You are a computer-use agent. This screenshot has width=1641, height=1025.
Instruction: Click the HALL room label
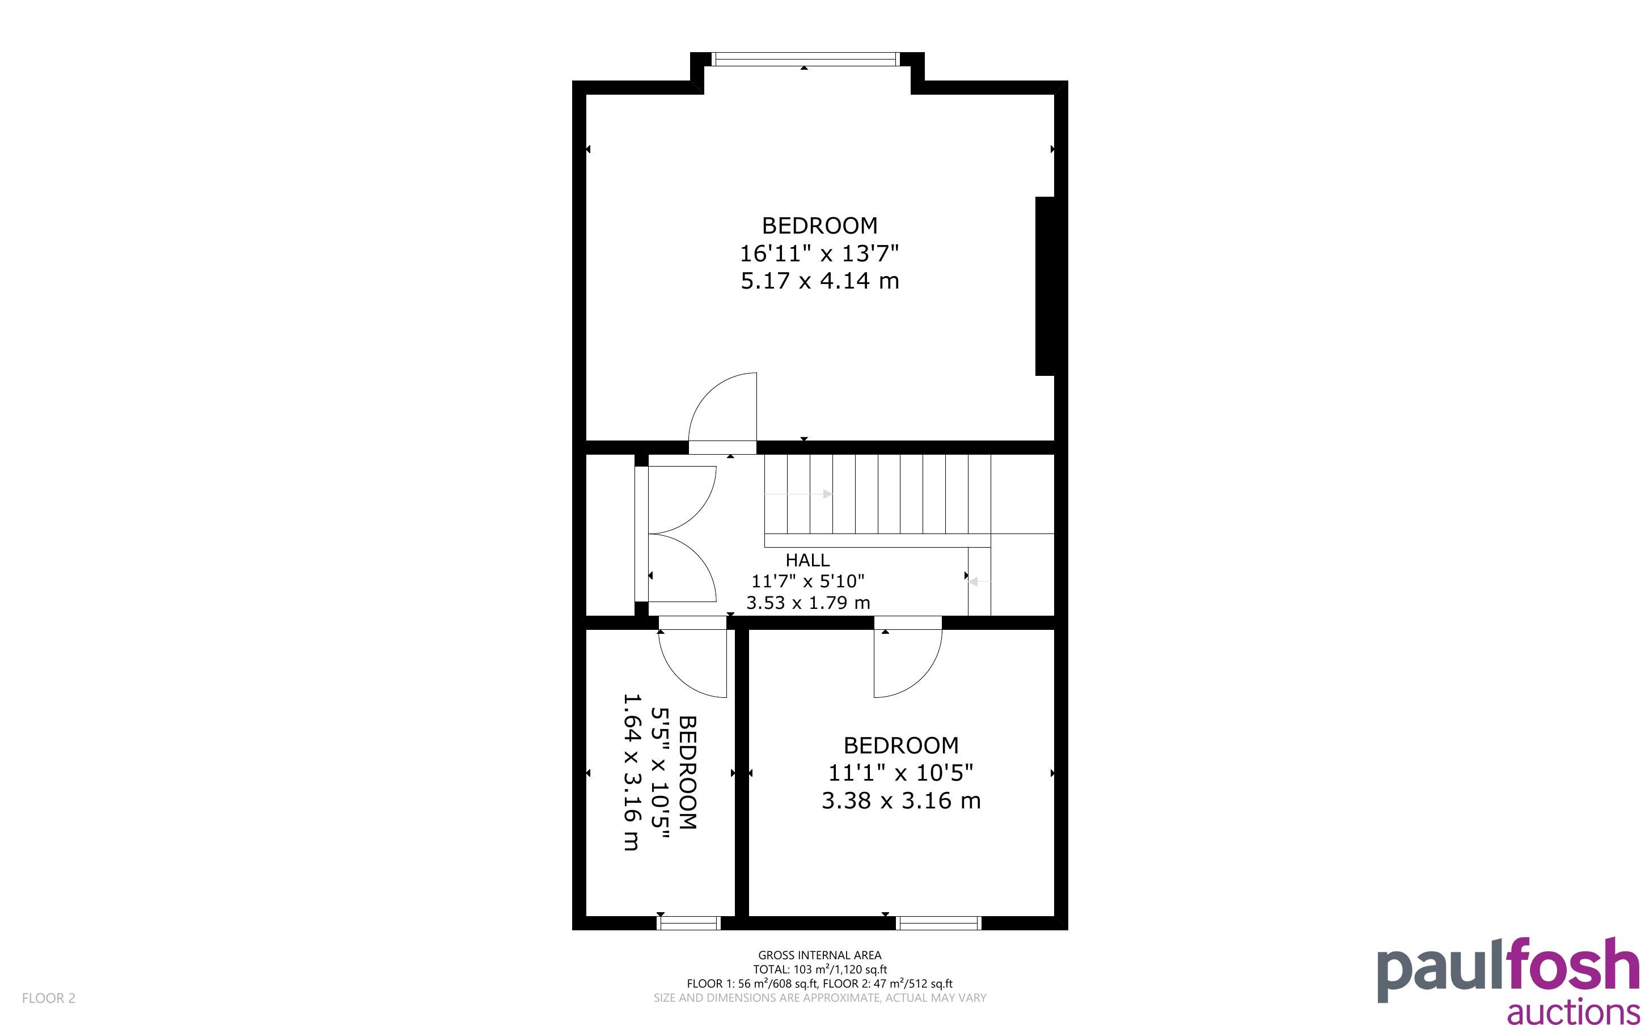pos(807,560)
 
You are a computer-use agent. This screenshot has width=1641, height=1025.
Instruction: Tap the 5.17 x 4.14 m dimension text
pos(819,281)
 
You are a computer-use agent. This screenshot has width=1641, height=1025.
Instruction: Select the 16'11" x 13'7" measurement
pos(819,253)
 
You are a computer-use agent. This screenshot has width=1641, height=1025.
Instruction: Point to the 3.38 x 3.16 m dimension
pos(901,800)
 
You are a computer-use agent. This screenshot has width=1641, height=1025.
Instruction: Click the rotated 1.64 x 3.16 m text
pos(631,772)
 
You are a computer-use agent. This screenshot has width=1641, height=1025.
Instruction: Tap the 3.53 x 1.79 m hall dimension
pos(808,602)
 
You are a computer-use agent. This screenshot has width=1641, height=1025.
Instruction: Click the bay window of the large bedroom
pos(805,60)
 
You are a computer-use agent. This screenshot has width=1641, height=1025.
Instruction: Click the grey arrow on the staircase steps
pos(798,494)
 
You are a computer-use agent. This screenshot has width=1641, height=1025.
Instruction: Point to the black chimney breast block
pos(1044,286)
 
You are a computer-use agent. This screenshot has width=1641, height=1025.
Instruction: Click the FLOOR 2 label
pos(49,998)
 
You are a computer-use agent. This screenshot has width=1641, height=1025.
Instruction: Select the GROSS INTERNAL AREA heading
pos(819,955)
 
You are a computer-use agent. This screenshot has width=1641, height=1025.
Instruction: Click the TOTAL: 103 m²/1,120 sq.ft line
pos(819,969)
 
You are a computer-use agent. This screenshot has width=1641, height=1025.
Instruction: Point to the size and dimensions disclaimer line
pos(819,997)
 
